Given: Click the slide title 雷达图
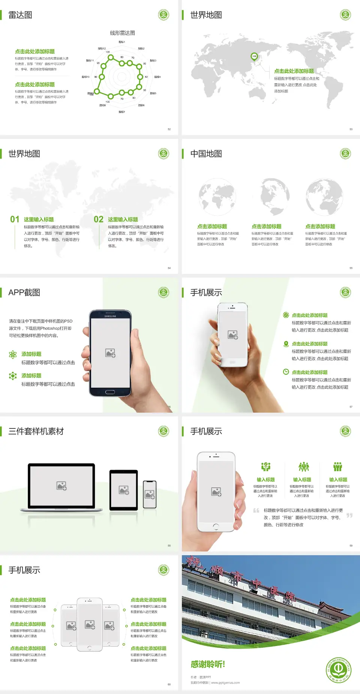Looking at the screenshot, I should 20,15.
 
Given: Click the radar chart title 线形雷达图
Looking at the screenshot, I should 122,33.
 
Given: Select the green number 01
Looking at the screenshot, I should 15,219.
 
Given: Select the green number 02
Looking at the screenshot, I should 99,219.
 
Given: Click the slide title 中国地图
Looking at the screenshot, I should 206,154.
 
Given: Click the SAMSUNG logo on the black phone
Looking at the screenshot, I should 110,316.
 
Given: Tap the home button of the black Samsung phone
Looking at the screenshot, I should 110,392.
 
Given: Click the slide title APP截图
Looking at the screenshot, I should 24,293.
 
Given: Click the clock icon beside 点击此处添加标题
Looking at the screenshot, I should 286,372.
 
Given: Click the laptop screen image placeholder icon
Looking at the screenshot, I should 61,486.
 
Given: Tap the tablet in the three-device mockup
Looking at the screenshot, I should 124,490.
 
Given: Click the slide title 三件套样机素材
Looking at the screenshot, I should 36,431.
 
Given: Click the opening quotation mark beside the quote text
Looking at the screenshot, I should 256,511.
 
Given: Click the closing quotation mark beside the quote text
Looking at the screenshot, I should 349,515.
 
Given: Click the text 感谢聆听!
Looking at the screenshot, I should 208,664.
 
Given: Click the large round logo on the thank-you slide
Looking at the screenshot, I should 338,670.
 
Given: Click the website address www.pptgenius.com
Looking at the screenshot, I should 225,683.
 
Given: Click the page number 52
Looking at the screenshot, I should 169,129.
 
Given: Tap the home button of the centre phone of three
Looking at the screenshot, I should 90,648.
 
